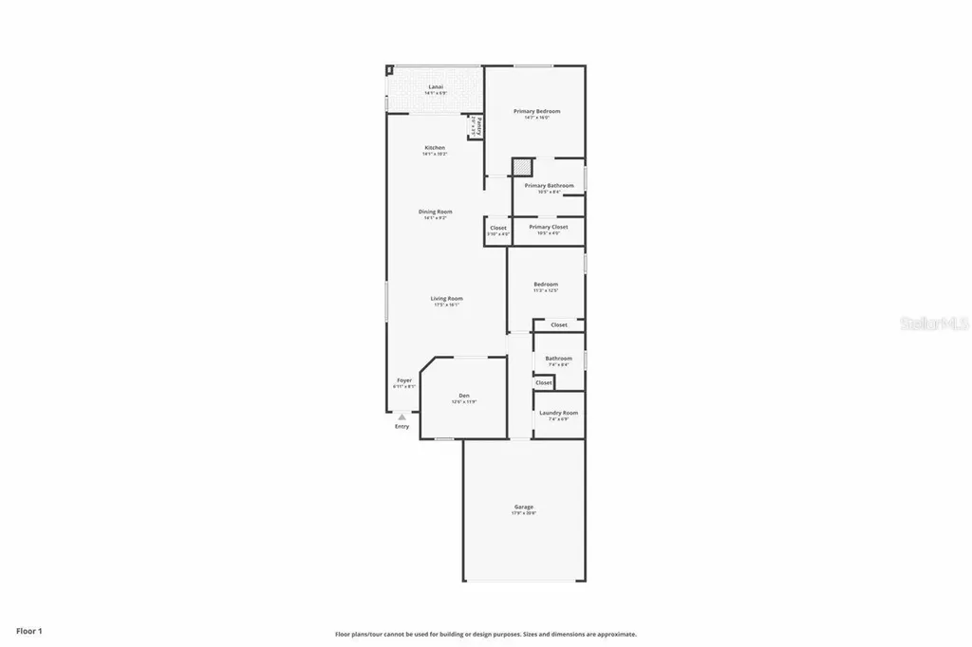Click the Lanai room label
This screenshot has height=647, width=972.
click(x=436, y=87)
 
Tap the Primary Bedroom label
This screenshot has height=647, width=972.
click(x=537, y=112)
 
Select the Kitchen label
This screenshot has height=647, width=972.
click(x=435, y=148)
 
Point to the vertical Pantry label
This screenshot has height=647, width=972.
click(x=478, y=126)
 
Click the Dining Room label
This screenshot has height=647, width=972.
click(x=436, y=212)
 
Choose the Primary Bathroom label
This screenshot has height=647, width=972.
click(x=550, y=186)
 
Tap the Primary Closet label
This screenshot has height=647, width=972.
click(x=548, y=228)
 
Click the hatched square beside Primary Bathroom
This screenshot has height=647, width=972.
click(x=521, y=167)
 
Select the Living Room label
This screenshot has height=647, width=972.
click(x=446, y=299)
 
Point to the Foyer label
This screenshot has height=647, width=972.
click(x=404, y=380)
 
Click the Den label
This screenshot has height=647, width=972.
click(x=464, y=396)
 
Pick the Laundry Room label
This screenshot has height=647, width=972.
click(x=558, y=413)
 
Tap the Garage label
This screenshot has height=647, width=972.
click(x=524, y=508)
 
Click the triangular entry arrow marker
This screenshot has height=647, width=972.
click(x=402, y=416)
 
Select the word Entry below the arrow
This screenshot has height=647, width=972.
click(x=402, y=427)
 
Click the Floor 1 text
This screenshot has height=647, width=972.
click(x=29, y=630)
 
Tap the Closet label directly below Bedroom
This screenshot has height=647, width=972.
click(x=559, y=325)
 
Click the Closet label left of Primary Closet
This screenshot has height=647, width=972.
click(x=498, y=228)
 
